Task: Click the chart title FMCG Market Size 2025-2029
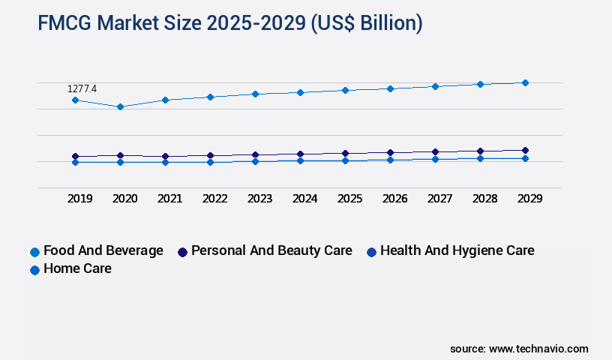pos(229,23)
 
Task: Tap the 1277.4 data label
pos(82,88)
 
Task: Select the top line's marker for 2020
pos(120,106)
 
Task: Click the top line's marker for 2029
pos(525,82)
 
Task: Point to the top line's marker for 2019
pos(75,100)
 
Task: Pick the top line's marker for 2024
pos(300,92)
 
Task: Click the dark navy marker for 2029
pos(525,150)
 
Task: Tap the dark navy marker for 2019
pos(75,156)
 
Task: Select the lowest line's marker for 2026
pos(390,160)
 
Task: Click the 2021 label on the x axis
pos(169,199)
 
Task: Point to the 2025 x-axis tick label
pos(349,199)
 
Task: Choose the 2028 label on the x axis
pos(484,199)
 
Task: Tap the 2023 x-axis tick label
pos(259,199)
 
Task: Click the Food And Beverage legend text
pos(103,250)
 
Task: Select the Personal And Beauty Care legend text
pos(271,250)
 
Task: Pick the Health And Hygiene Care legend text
pos(457,250)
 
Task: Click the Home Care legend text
pos(77,268)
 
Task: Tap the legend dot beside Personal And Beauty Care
pos(182,252)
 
